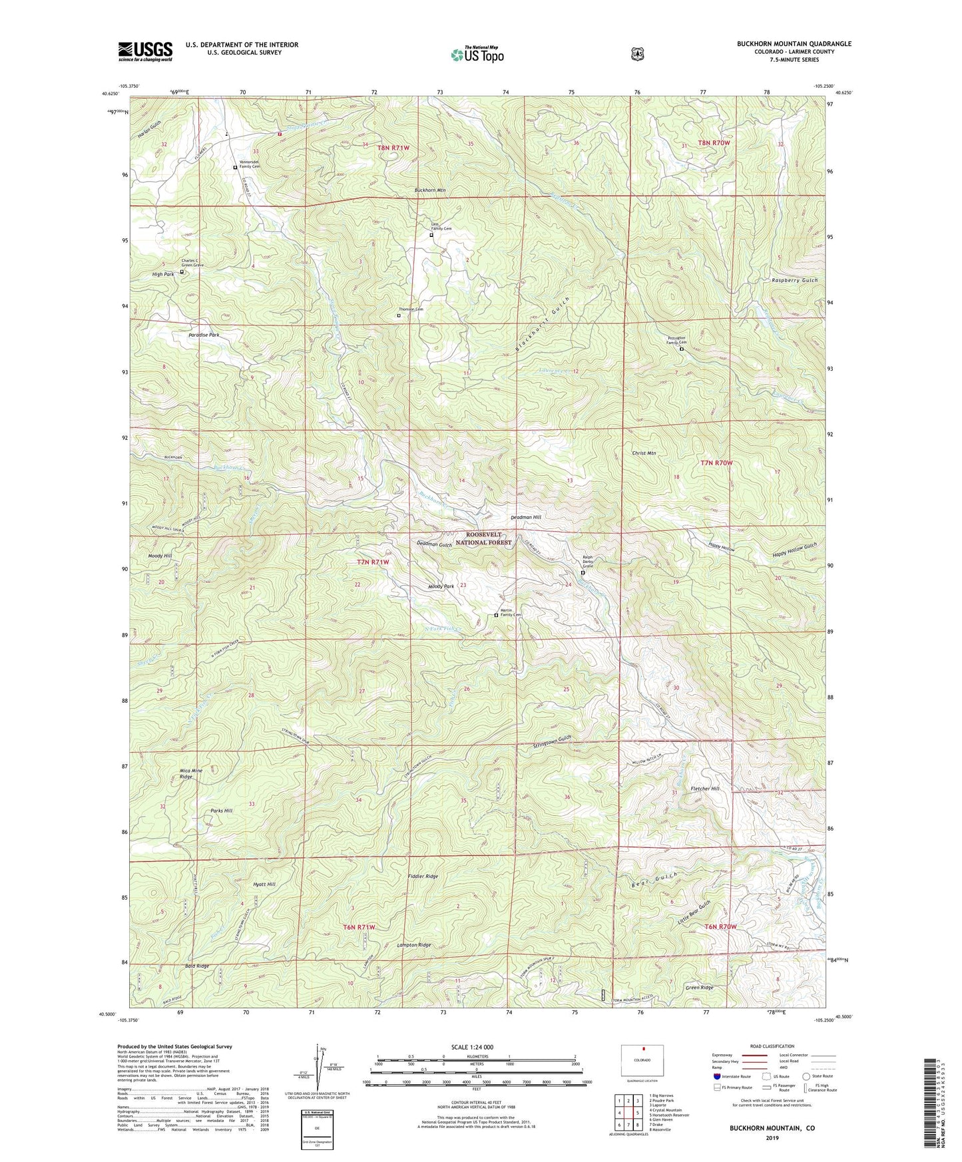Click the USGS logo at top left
(145, 51)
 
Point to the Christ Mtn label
(644, 453)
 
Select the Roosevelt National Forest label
(489, 538)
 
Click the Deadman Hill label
(526, 517)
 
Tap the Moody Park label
(441, 586)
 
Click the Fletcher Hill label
(705, 789)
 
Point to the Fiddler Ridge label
(423, 876)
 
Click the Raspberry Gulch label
(795, 280)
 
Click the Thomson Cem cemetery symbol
(399, 316)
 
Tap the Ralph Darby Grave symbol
(583, 572)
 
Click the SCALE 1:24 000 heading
(472, 1047)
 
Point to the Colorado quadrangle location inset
(642, 1060)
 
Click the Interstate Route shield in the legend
(717, 1076)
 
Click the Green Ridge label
(700, 988)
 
